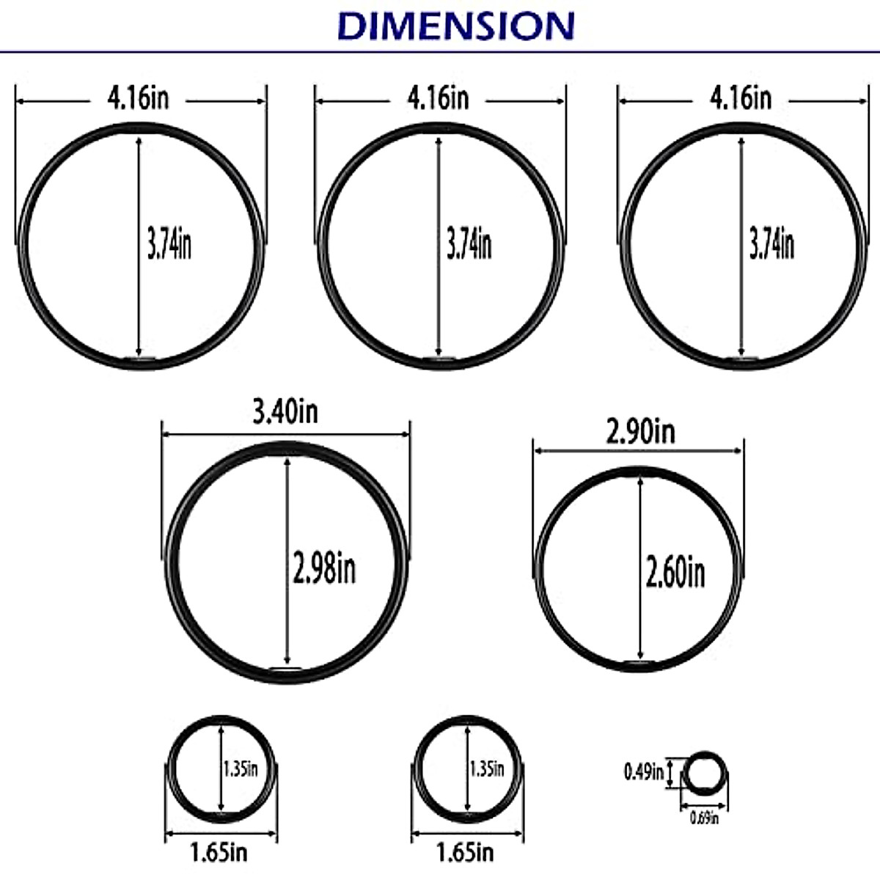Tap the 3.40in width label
coord(285,411)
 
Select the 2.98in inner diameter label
coord(323,568)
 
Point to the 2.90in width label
coord(640,432)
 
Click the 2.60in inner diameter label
coord(675,572)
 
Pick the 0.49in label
coord(643,771)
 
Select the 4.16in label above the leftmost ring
coord(138,98)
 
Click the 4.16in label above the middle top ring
coord(439,98)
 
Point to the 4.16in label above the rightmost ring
coord(741,98)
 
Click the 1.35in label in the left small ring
coord(241,769)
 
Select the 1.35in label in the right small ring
coord(487,769)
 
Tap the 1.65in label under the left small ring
coord(219,853)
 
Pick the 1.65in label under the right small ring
coord(465,853)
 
